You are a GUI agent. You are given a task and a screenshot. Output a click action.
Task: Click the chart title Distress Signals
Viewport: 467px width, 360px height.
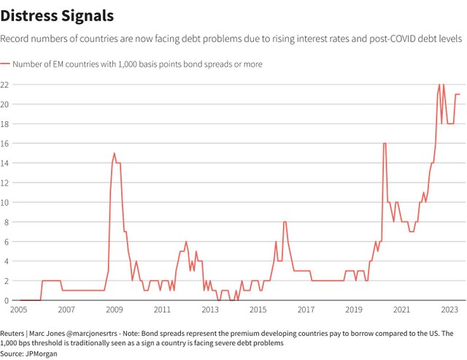56,15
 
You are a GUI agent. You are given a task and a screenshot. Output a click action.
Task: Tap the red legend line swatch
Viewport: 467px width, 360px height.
5,64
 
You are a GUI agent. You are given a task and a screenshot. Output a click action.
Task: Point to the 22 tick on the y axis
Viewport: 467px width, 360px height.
5,85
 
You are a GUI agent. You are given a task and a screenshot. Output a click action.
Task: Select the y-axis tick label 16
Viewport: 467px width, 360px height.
5,144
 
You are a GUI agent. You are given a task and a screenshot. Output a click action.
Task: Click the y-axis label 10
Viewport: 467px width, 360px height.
5,202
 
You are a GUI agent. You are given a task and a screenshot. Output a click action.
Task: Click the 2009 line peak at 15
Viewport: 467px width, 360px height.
115,153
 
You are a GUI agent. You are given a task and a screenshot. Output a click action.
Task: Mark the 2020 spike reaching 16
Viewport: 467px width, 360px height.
385,144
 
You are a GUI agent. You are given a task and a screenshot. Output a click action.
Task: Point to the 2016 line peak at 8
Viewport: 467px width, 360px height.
285,222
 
